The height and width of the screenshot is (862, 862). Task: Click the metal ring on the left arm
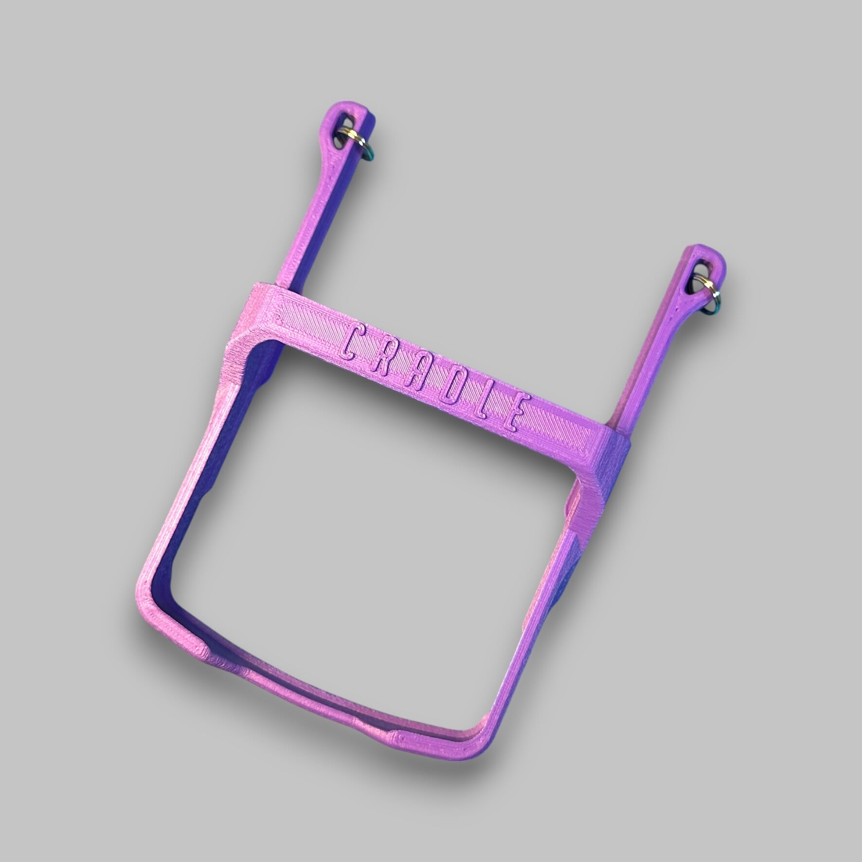(359, 146)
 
